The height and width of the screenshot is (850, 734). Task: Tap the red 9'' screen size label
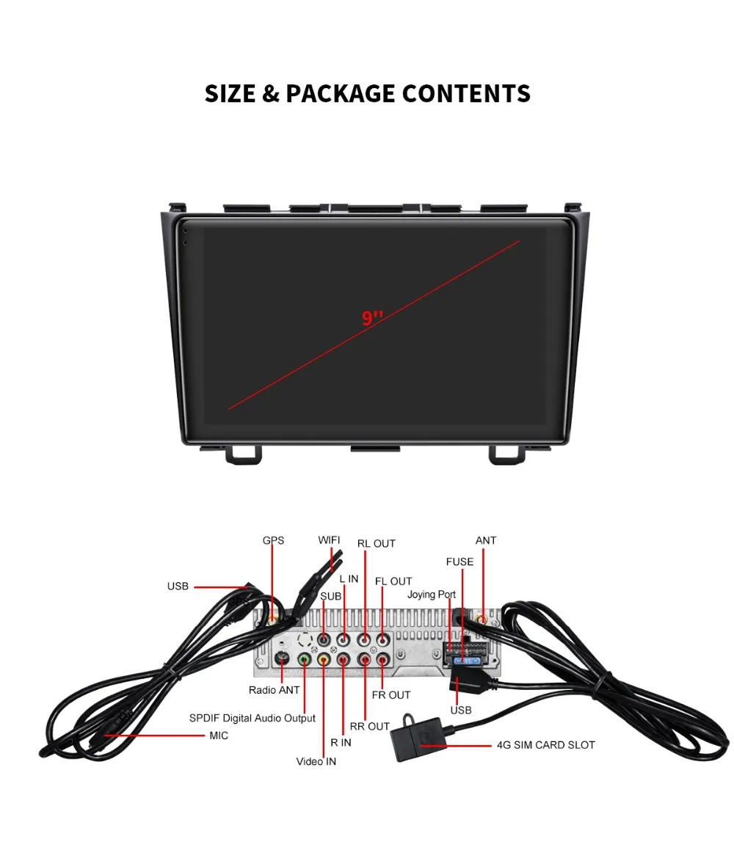pyautogui.click(x=372, y=318)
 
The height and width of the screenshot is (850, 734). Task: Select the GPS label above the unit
pyautogui.click(x=273, y=540)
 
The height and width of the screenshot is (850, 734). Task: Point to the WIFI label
pyautogui.click(x=329, y=540)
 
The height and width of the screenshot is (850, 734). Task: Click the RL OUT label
pyautogui.click(x=377, y=544)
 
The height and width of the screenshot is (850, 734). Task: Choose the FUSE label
pyautogui.click(x=459, y=562)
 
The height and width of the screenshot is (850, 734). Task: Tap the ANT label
pyautogui.click(x=486, y=540)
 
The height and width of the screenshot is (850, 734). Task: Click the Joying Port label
pyautogui.click(x=432, y=595)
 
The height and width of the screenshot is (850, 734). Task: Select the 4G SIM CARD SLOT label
pyautogui.click(x=546, y=745)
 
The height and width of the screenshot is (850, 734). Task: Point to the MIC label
pyautogui.click(x=219, y=735)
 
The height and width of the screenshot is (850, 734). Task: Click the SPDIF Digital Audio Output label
pyautogui.click(x=252, y=719)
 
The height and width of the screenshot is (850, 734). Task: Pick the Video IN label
pyautogui.click(x=316, y=762)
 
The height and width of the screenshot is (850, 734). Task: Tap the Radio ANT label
pyautogui.click(x=274, y=690)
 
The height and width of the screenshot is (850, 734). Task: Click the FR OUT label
pyautogui.click(x=390, y=695)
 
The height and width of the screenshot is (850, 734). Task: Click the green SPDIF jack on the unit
pyautogui.click(x=305, y=660)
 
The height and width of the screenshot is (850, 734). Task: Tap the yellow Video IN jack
pyautogui.click(x=324, y=660)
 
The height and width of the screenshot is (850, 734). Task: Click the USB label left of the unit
pyautogui.click(x=178, y=586)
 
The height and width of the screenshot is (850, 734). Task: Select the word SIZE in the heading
pyautogui.click(x=230, y=94)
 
